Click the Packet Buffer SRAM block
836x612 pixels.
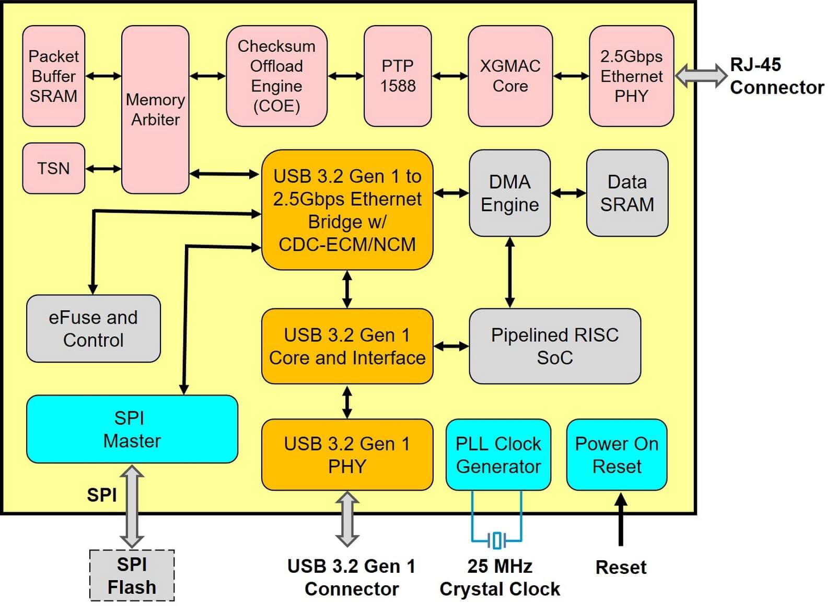[x=53, y=76]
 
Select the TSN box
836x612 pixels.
[x=53, y=168]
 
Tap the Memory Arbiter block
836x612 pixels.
[x=155, y=110]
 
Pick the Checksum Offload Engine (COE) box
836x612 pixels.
[x=276, y=76]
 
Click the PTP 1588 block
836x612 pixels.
[x=398, y=76]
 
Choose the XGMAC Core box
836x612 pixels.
[x=510, y=76]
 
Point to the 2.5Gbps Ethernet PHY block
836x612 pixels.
[x=631, y=76]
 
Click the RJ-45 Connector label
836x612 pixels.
[x=776, y=76]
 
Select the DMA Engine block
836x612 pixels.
[x=509, y=193]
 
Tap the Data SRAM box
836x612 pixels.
[x=627, y=193]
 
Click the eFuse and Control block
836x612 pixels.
[x=93, y=329]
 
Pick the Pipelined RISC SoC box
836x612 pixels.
[x=554, y=346]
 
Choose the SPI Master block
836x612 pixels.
[x=132, y=429]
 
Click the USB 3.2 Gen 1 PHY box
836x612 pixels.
[x=347, y=455]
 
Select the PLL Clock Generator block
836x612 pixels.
[x=498, y=455]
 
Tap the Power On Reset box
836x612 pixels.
[x=617, y=455]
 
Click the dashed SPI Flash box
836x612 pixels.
[x=132, y=575]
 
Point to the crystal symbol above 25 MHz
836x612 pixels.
[x=497, y=540]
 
